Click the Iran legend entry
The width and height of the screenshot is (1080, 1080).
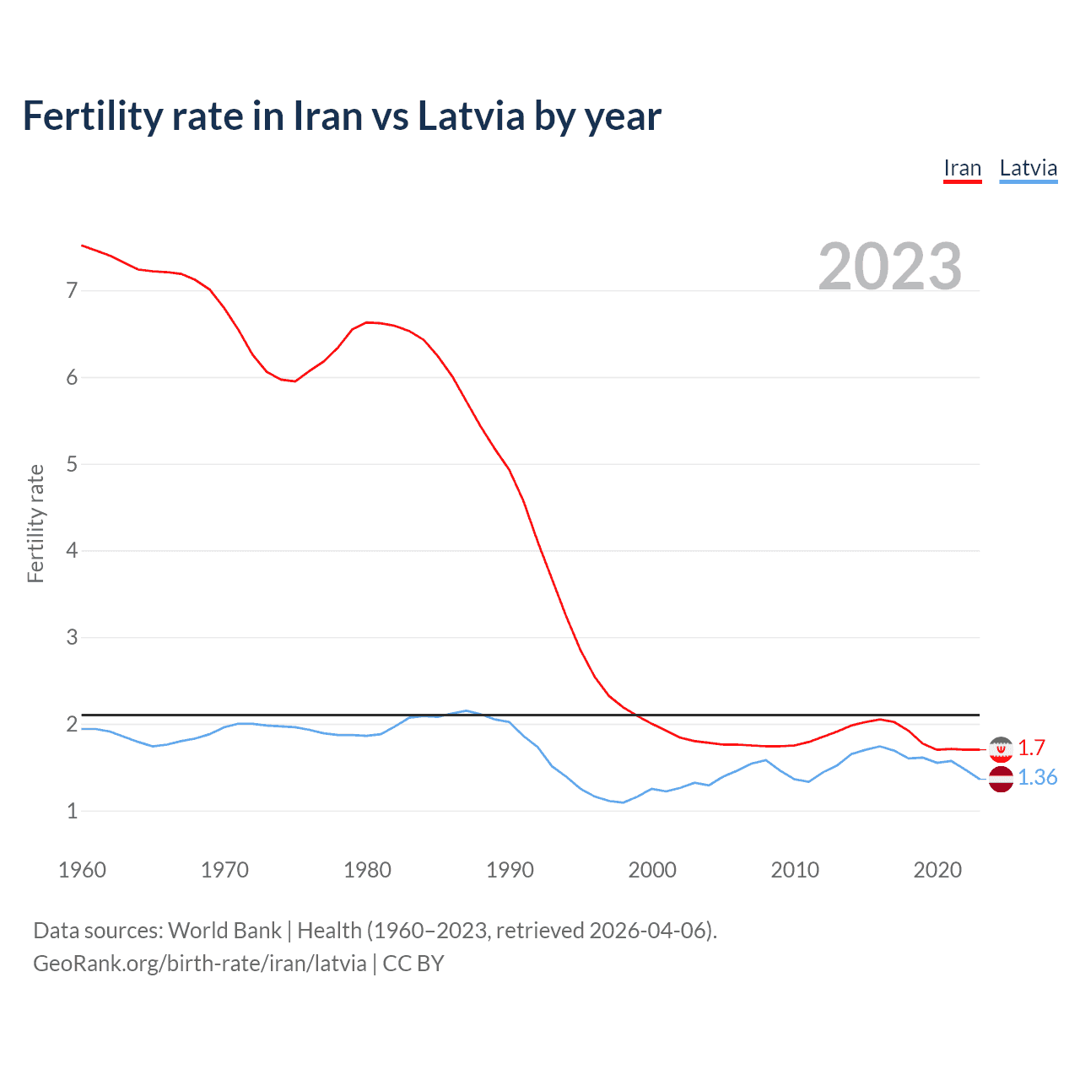tap(962, 168)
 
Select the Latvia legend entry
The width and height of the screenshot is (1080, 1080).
tap(1028, 168)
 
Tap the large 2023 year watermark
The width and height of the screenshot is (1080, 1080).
tap(890, 267)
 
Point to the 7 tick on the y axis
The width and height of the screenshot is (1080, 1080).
tap(72, 291)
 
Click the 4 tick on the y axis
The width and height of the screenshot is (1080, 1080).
tap(72, 551)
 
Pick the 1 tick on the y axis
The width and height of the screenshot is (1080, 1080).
tap(72, 811)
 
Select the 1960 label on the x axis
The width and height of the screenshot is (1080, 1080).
tap(82, 870)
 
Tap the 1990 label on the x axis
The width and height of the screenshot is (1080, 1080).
tap(510, 870)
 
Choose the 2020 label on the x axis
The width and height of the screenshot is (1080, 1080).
tap(937, 870)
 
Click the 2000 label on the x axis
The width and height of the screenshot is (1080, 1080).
tap(652, 870)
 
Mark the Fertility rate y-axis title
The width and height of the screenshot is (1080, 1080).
tap(35, 523)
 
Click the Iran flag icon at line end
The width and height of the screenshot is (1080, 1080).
tap(1001, 748)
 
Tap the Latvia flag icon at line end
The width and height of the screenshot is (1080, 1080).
tap(1001, 779)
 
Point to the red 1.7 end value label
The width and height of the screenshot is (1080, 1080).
tap(1031, 748)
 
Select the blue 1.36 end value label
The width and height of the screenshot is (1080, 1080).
tap(1037, 778)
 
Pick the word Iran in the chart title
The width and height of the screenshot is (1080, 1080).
tap(325, 116)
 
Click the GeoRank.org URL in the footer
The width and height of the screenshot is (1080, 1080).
tap(200, 964)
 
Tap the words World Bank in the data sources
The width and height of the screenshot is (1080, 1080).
tap(224, 931)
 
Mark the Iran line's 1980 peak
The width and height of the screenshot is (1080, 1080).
tap(367, 322)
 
